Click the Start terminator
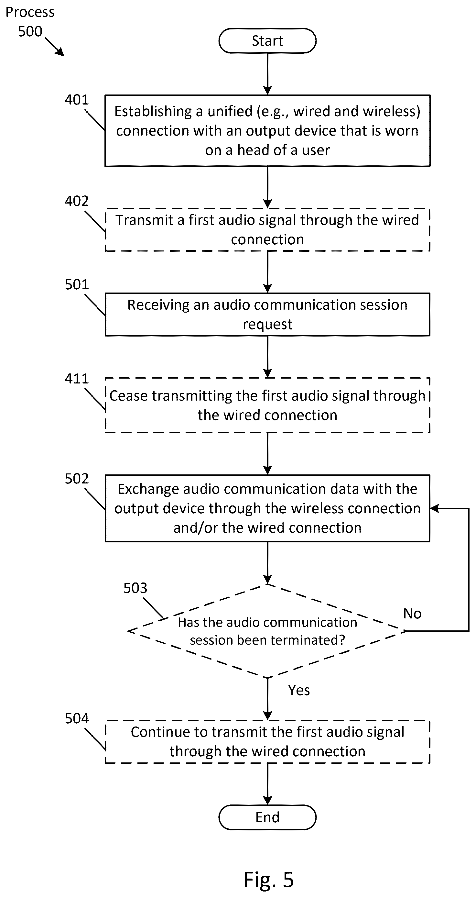pos(267,41)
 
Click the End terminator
pos(267,817)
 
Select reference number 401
pos(77,100)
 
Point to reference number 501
pos(77,284)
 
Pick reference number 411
pos(77,379)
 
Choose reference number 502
pos(77,479)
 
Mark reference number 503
pos(135,588)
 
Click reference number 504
pos(77,718)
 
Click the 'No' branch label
pos(412,614)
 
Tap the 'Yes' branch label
pos(299,690)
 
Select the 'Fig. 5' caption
pos(269,880)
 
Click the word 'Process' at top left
pos(30,13)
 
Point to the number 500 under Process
pos(30,31)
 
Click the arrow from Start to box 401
pos(267,74)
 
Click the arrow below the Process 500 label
pos(55,47)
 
